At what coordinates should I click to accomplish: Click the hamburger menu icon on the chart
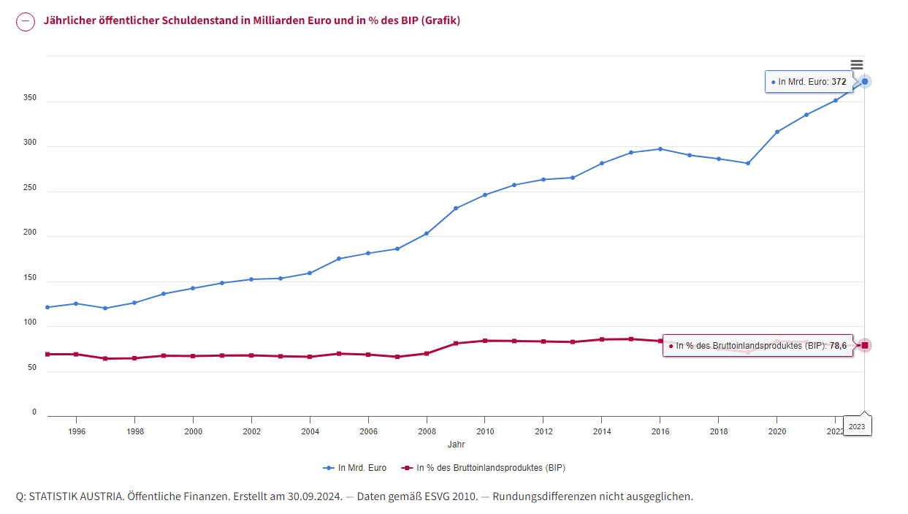pyautogui.click(x=857, y=65)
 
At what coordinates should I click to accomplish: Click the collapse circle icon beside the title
pyautogui.click(x=26, y=21)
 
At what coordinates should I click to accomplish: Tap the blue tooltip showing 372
pyautogui.click(x=809, y=82)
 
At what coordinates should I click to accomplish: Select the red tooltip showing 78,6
pyautogui.click(x=758, y=346)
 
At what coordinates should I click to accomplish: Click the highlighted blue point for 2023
pyautogui.click(x=865, y=82)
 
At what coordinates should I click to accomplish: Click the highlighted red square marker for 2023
pyautogui.click(x=865, y=346)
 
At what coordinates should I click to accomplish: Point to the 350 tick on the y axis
pyautogui.click(x=30, y=98)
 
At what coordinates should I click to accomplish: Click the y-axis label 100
pyautogui.click(x=30, y=322)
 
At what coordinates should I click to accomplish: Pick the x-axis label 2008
pyautogui.click(x=427, y=431)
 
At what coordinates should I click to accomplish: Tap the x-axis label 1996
pyautogui.click(x=77, y=431)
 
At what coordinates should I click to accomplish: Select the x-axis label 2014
pyautogui.click(x=602, y=431)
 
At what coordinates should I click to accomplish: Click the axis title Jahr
pyautogui.click(x=456, y=445)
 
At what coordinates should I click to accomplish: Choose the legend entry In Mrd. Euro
pyautogui.click(x=355, y=468)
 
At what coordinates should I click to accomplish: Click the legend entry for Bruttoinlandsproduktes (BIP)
pyautogui.click(x=483, y=468)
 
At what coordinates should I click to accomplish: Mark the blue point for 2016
pyautogui.click(x=660, y=149)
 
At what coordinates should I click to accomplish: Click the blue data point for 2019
pyautogui.click(x=748, y=164)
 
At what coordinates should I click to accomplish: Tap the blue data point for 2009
pyautogui.click(x=456, y=208)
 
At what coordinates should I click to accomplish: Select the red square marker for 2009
pyautogui.click(x=456, y=343)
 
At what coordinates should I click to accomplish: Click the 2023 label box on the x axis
pyautogui.click(x=857, y=426)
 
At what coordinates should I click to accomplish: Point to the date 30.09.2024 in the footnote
pyautogui.click(x=315, y=496)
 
